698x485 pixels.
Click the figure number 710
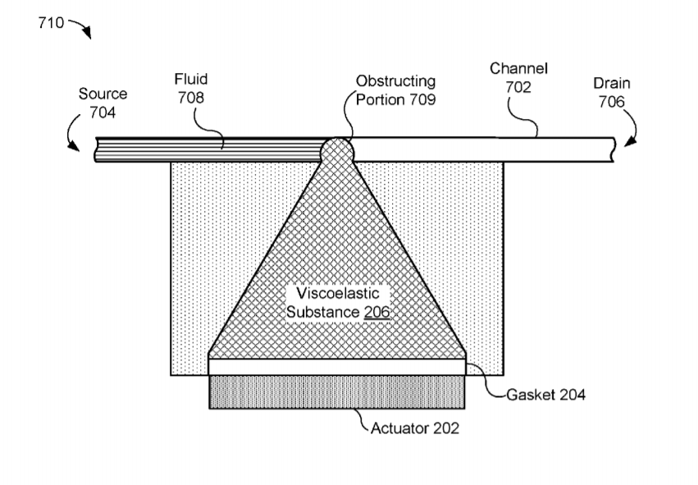pos(50,23)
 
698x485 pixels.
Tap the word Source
pos(103,94)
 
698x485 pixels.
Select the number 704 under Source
pos(103,112)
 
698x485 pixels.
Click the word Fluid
pos(190,80)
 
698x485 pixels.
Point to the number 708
pos(190,98)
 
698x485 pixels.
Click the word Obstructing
pos(395,82)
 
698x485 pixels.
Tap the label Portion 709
pos(395,100)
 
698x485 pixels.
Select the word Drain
pos(612,84)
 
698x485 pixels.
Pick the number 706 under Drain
pos(612,102)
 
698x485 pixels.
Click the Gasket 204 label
pos(545,395)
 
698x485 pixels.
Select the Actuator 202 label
pos(415,428)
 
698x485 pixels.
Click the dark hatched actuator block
pos(337,391)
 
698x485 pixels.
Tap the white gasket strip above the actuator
pos(337,367)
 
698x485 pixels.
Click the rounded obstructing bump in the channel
pos(337,149)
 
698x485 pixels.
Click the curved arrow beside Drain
pos(632,130)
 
